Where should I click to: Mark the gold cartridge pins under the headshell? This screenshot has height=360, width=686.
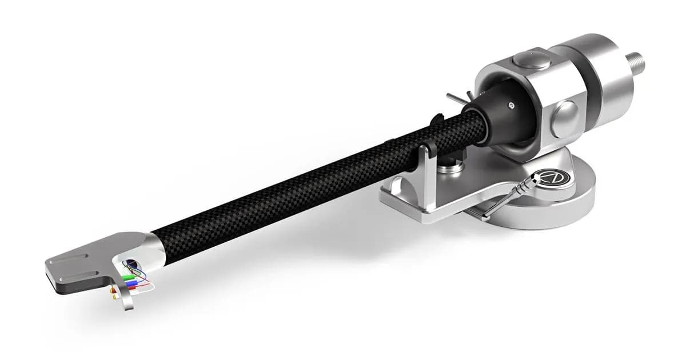click(114, 296)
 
